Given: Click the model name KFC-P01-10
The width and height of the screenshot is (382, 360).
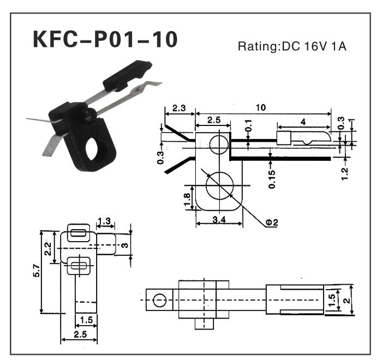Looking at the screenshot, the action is pyautogui.click(x=105, y=39).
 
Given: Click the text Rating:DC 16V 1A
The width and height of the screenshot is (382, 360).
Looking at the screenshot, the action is pyautogui.click(x=292, y=46).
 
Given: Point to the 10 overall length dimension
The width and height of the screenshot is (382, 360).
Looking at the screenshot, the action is pyautogui.click(x=261, y=107).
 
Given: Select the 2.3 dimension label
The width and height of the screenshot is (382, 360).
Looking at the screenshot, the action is pyautogui.click(x=179, y=108).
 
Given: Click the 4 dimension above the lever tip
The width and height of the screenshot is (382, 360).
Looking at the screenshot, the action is pyautogui.click(x=303, y=122).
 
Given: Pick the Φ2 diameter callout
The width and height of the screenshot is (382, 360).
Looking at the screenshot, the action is pyautogui.click(x=271, y=222).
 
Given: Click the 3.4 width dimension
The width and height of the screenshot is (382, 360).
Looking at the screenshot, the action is pyautogui.click(x=219, y=220).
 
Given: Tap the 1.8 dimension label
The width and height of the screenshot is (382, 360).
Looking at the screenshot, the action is pyautogui.click(x=187, y=199).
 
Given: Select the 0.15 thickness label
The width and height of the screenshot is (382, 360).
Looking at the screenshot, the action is pyautogui.click(x=272, y=179).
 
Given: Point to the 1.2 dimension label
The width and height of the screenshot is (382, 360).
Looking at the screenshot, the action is pyautogui.click(x=345, y=174).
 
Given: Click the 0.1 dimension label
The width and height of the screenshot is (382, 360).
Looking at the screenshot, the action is pyautogui.click(x=248, y=125).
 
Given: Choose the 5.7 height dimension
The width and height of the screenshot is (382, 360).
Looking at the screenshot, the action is pyautogui.click(x=37, y=271).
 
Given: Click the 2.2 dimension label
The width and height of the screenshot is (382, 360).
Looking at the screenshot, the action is pyautogui.click(x=48, y=249).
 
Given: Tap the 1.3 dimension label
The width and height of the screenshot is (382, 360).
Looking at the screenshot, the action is pyautogui.click(x=104, y=221).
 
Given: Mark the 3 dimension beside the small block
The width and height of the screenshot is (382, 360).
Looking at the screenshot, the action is pyautogui.click(x=124, y=245).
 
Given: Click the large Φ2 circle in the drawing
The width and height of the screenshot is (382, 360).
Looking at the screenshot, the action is pyautogui.click(x=219, y=185).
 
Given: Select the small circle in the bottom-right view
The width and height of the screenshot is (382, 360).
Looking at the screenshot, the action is pyautogui.click(x=159, y=300).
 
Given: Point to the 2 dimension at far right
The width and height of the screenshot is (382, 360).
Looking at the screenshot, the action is pyautogui.click(x=347, y=301).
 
